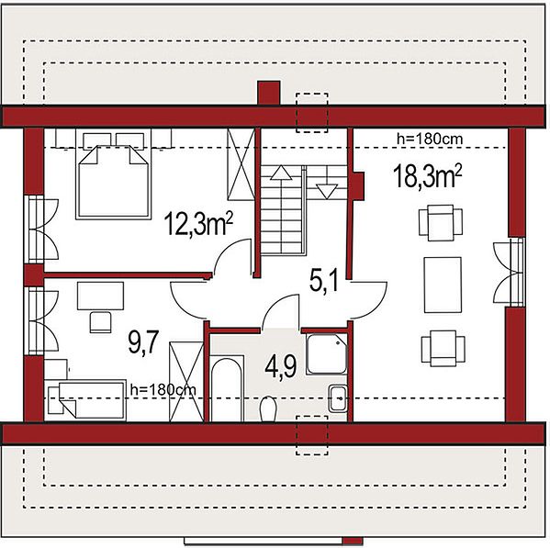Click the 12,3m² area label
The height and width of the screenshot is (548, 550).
click(198, 224)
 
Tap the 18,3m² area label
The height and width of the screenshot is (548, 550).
click(427, 176)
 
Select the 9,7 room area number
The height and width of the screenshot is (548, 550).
click(143, 341)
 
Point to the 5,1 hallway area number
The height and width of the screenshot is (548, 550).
click(324, 281)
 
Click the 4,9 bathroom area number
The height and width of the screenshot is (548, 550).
click(281, 367)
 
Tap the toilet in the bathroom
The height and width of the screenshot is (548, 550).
click(268, 408)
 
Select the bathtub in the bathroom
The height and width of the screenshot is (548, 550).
click(227, 388)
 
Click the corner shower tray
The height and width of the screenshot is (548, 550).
click(327, 353)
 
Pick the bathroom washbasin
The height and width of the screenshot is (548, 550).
click(338, 398)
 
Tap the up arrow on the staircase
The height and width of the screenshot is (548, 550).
click(281, 173)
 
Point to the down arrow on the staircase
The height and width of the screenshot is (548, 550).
click(327, 192)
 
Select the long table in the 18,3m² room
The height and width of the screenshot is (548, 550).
click(443, 285)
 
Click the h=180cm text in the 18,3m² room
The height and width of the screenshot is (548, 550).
click(430, 140)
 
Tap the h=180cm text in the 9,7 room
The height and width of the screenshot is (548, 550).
click(163, 389)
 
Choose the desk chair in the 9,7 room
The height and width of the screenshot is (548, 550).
click(101, 322)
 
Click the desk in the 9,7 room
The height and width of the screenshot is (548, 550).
click(100, 296)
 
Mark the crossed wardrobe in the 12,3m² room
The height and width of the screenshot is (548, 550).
click(241, 164)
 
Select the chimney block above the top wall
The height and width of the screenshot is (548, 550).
click(269, 93)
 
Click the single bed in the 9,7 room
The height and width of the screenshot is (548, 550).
click(86, 400)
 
